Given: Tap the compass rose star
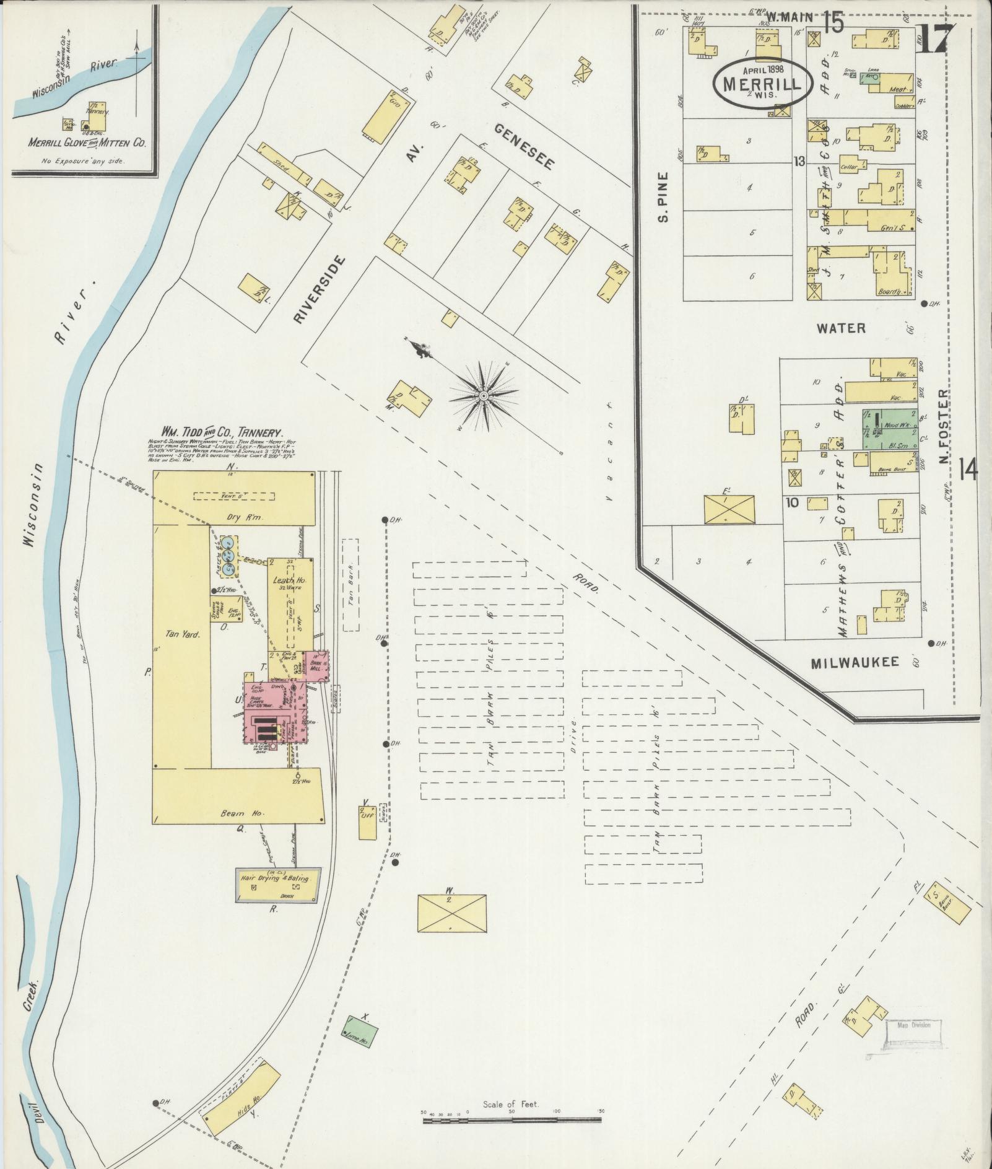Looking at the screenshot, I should (483, 395).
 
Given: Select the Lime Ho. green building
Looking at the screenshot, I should (360, 1031).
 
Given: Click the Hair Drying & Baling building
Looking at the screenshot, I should (279, 885).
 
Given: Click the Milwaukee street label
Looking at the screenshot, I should (855, 662).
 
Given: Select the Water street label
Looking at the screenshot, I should (840, 328).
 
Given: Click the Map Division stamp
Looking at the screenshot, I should (913, 1024).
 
